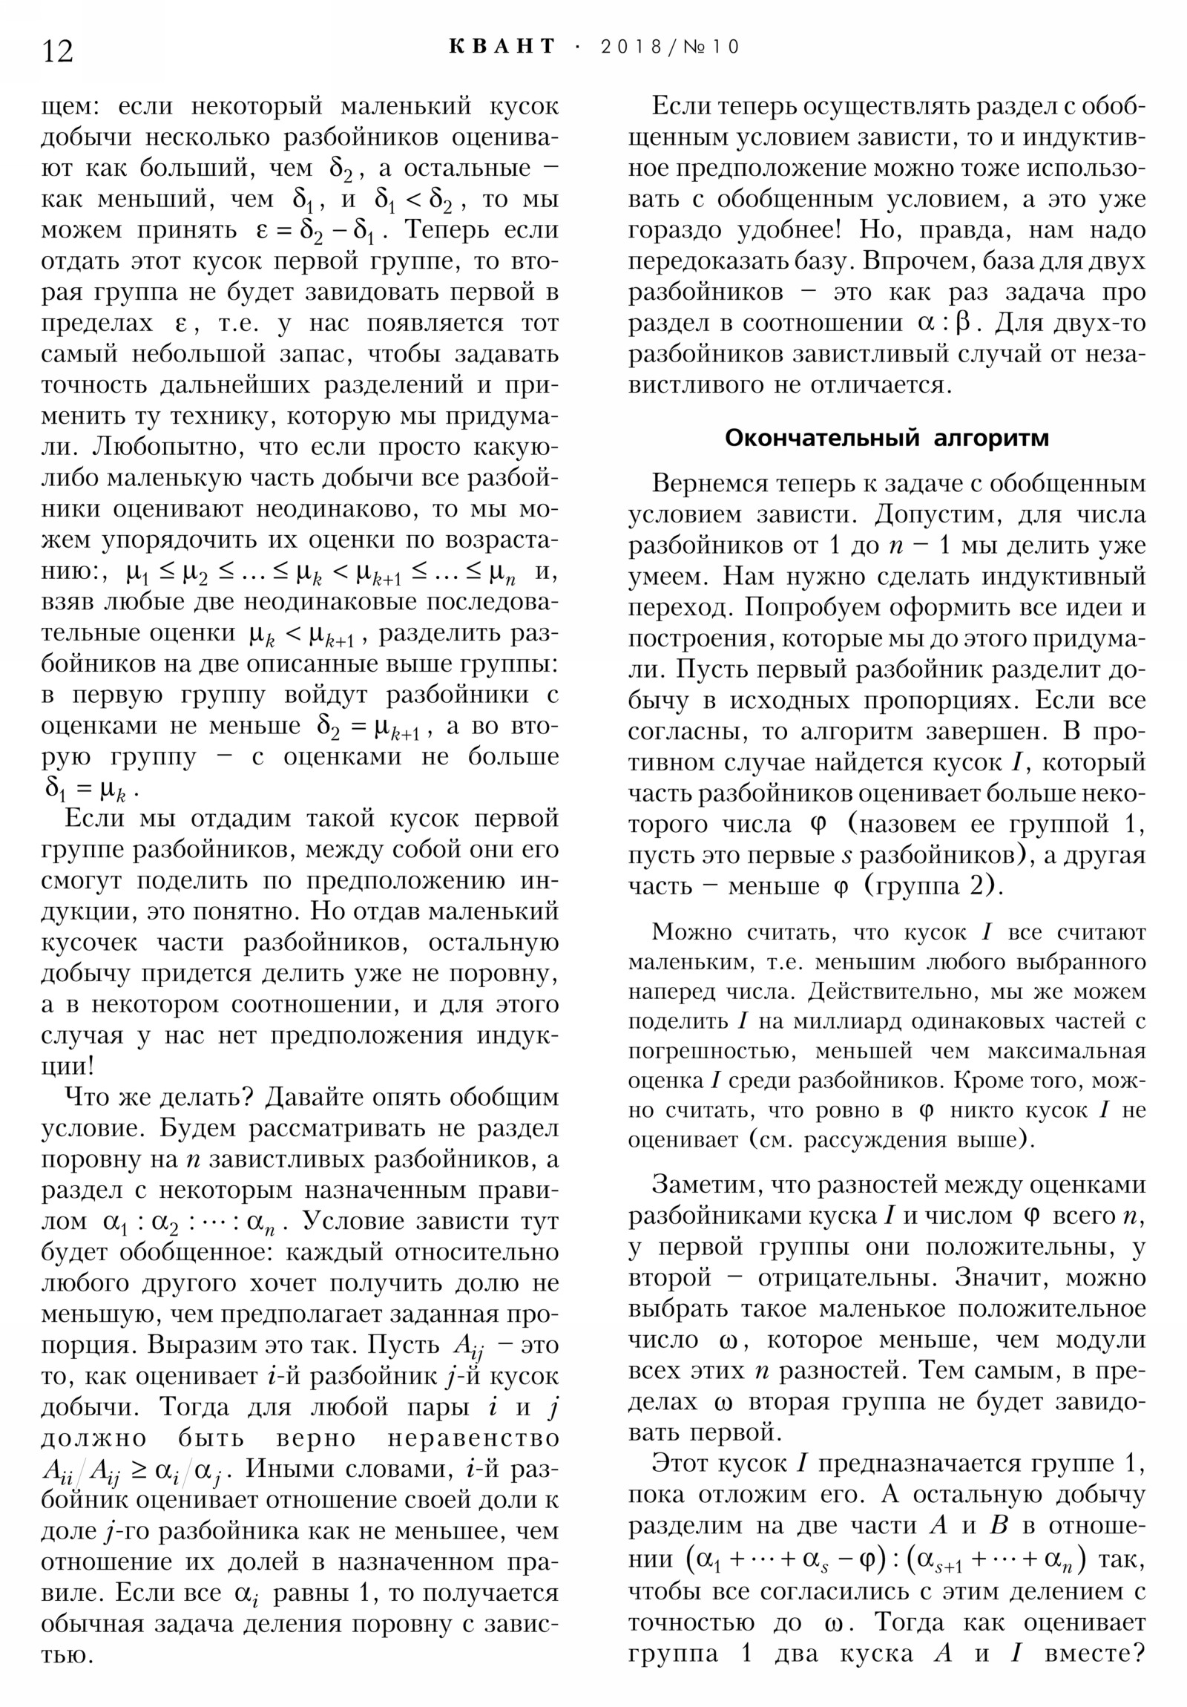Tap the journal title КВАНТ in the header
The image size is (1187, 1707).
click(x=502, y=47)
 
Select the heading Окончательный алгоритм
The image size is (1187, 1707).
click(x=886, y=438)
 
